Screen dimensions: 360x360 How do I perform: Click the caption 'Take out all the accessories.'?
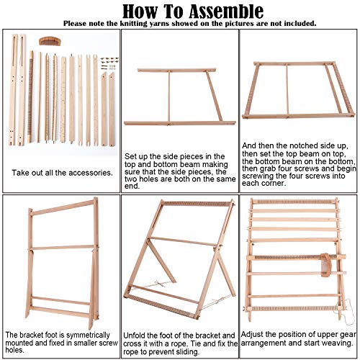(59, 173)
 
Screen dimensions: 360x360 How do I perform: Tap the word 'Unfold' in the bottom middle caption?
(138, 336)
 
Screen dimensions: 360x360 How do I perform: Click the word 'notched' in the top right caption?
(289, 143)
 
